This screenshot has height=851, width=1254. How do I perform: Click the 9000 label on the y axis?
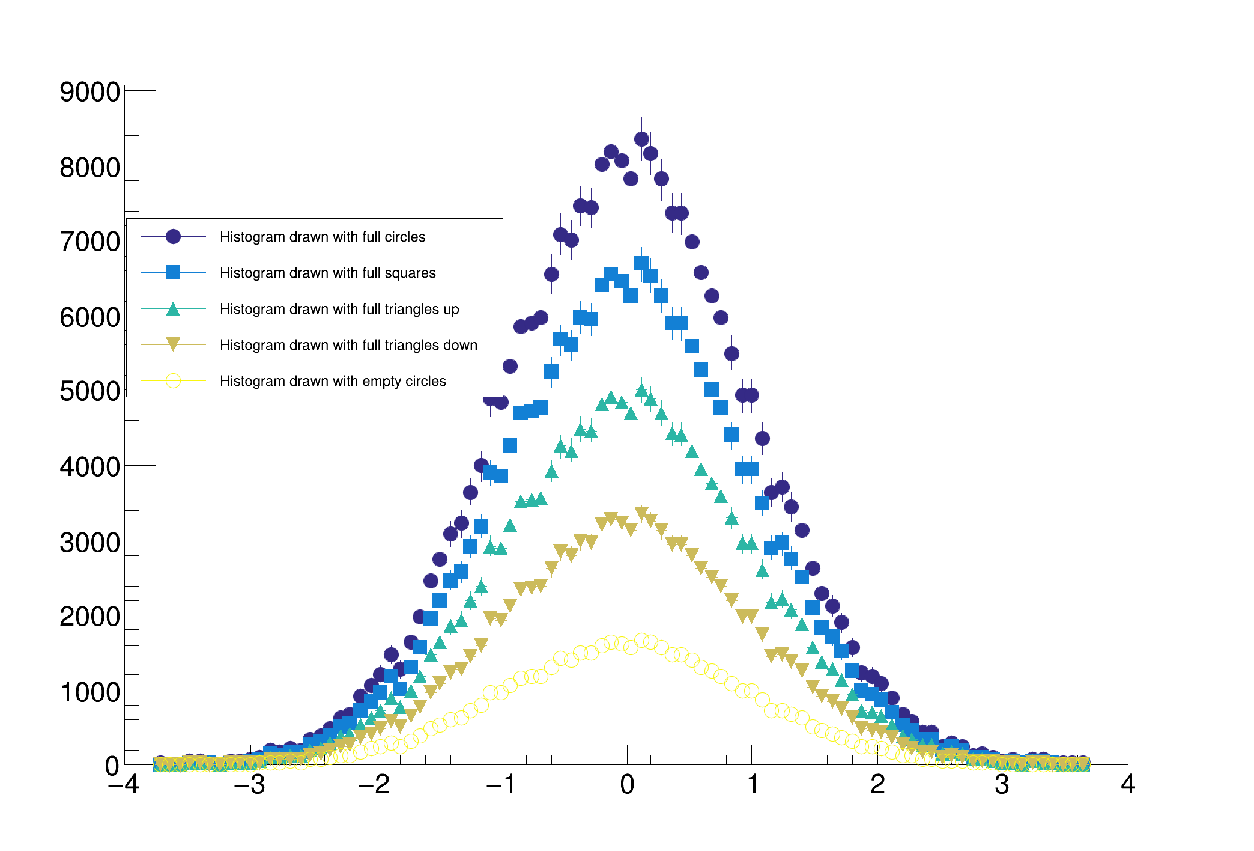pyautogui.click(x=89, y=93)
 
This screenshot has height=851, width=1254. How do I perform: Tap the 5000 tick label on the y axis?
pyautogui.click(x=89, y=392)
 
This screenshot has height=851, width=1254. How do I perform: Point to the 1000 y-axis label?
pyautogui.click(x=89, y=692)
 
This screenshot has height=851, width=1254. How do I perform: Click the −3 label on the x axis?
pyautogui.click(x=249, y=785)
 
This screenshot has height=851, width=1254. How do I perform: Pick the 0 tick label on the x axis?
pyautogui.click(x=627, y=785)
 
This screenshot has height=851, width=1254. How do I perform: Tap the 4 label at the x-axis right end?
pyautogui.click(x=1127, y=785)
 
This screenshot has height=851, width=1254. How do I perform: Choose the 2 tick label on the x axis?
pyautogui.click(x=877, y=785)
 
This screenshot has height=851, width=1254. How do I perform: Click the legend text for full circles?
pyautogui.click(x=323, y=237)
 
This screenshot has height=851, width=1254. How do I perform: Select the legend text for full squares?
pyautogui.click(x=327, y=273)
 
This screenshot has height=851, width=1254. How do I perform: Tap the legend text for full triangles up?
pyautogui.click(x=339, y=309)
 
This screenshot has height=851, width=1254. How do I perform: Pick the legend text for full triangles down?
pyautogui.click(x=348, y=345)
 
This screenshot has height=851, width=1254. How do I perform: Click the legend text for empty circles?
pyautogui.click(x=333, y=381)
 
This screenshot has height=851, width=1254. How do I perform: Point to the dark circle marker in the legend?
pyautogui.click(x=173, y=237)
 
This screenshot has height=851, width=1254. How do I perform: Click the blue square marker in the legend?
pyautogui.click(x=173, y=273)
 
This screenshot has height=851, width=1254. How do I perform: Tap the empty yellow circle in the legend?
pyautogui.click(x=173, y=381)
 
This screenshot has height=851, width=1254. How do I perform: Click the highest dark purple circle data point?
pyautogui.click(x=641, y=139)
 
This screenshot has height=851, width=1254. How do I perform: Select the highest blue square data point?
pyautogui.click(x=641, y=263)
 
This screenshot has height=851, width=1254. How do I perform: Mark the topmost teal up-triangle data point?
pyautogui.click(x=641, y=391)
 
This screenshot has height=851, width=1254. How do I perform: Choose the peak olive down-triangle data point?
pyautogui.click(x=641, y=513)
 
